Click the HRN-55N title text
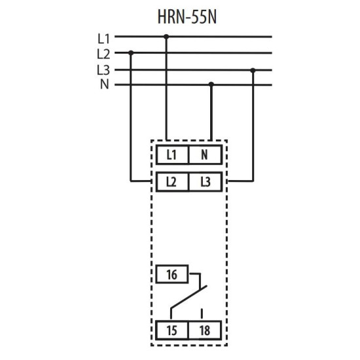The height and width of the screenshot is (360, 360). (x=187, y=17)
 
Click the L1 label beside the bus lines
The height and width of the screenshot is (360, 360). (x=104, y=39)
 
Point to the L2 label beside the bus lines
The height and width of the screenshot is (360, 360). (x=103, y=54)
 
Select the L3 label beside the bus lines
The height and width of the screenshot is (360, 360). (x=103, y=70)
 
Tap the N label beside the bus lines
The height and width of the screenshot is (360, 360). (x=105, y=84)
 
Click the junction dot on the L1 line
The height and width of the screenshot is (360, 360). (x=166, y=37)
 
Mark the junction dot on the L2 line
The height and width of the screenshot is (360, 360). (x=131, y=53)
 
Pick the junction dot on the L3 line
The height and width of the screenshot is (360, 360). (x=253, y=70)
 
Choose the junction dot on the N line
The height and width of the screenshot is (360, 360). (x=211, y=84)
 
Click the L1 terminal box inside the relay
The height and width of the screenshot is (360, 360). (x=172, y=154)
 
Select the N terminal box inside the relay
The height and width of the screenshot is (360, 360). (x=206, y=154)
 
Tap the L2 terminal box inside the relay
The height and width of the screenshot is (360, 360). (x=172, y=182)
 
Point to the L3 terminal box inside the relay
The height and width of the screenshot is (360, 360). (x=206, y=182)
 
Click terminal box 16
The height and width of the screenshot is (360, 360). (x=172, y=274)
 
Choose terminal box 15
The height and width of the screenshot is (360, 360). (x=172, y=331)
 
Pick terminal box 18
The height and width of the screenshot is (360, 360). (x=205, y=331)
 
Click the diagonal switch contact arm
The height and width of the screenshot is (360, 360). (x=189, y=297)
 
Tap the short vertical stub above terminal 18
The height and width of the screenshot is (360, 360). (x=202, y=314)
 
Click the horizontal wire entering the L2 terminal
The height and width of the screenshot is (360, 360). (x=140, y=181)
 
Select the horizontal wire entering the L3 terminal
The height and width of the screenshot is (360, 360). (x=241, y=181)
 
